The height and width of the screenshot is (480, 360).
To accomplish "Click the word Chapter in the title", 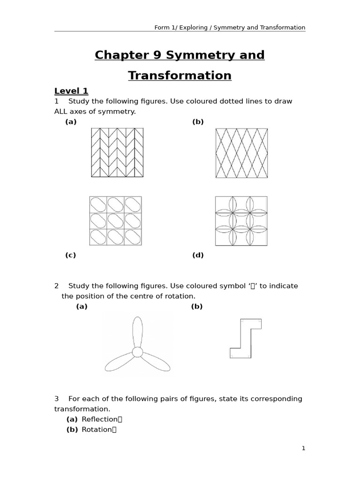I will pyautogui.click(x=115, y=55).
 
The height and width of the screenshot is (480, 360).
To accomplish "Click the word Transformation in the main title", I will pyautogui.click(x=180, y=75).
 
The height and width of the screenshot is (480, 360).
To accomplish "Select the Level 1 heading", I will pyautogui.click(x=71, y=91).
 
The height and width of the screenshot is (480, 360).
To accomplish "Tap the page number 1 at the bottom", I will pyautogui.click(x=303, y=448).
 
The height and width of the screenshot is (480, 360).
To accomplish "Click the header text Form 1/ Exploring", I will pyautogui.click(x=181, y=28).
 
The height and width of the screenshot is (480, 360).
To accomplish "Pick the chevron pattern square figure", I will pyautogui.click(x=117, y=152).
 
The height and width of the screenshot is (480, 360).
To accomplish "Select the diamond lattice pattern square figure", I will pyautogui.click(x=241, y=153).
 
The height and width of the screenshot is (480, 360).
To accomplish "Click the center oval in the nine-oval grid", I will pyautogui.click(x=115, y=221).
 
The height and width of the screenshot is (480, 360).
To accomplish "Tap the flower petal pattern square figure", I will pyautogui.click(x=241, y=221).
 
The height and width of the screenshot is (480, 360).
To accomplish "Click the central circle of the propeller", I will pyautogui.click(x=137, y=352).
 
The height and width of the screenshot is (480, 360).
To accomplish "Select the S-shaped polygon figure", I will pyautogui.click(x=246, y=338).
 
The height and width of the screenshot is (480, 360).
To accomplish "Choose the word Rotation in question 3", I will pyautogui.click(x=97, y=429).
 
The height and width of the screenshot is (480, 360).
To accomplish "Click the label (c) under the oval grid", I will pyautogui.click(x=70, y=255).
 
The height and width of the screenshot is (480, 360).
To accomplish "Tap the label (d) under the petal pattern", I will pyautogui.click(x=198, y=255).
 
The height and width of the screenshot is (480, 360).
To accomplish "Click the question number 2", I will pyautogui.click(x=56, y=286).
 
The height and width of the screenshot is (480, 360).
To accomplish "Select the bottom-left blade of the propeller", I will pyautogui.click(x=119, y=363).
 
